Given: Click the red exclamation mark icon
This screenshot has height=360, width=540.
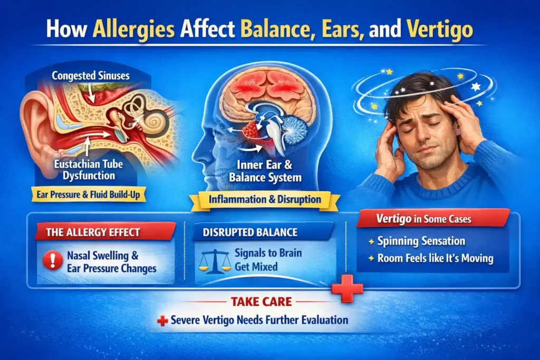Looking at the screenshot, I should click(52, 261).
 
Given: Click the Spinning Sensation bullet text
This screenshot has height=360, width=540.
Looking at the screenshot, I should click(421, 241).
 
